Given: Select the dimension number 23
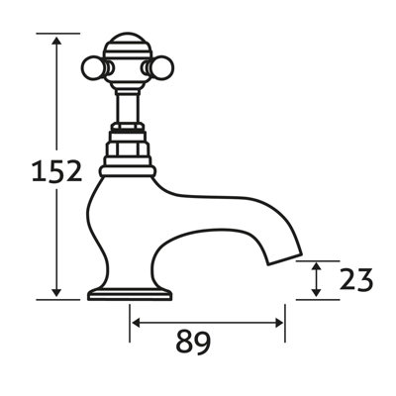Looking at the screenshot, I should pyautogui.click(x=353, y=280).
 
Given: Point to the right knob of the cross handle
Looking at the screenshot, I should pyautogui.click(x=153, y=66).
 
